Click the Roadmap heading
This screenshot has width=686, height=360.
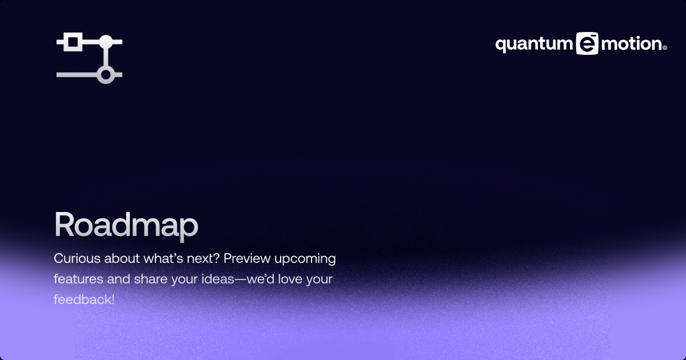[126, 225]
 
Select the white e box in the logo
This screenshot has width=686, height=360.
[587, 44]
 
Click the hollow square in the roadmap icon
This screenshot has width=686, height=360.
[72, 42]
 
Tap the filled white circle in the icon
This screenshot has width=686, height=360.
[105, 42]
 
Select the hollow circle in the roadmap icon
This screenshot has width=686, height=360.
[105, 74]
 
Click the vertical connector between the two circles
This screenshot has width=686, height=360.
[105, 58]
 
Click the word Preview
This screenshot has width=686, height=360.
[247, 258]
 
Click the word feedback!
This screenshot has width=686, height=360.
[84, 299]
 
